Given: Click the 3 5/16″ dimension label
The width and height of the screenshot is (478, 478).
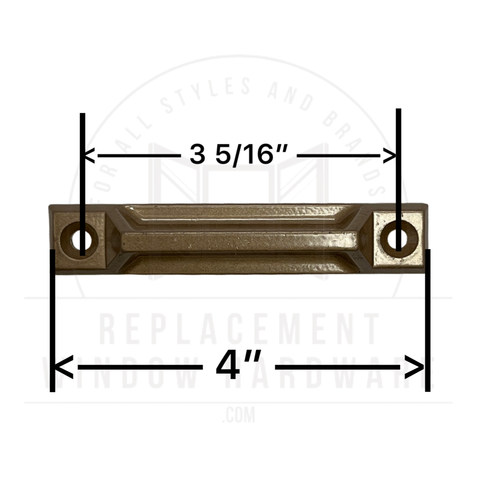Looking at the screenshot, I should click(239, 155).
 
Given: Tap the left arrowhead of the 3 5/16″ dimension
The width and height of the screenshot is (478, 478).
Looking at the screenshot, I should click(89, 155).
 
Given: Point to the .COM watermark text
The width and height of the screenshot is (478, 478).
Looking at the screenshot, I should click(239, 416).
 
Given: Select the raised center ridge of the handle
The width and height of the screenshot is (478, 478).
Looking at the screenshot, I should click(239, 241).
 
